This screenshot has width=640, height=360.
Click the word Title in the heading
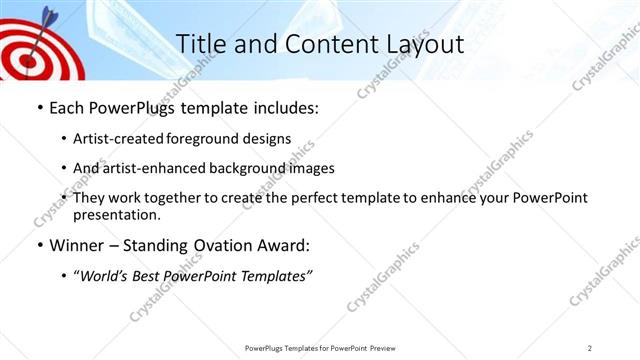coord(199,44)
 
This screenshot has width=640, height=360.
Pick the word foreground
coord(212,139)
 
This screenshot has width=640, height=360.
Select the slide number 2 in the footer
coord(591,347)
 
